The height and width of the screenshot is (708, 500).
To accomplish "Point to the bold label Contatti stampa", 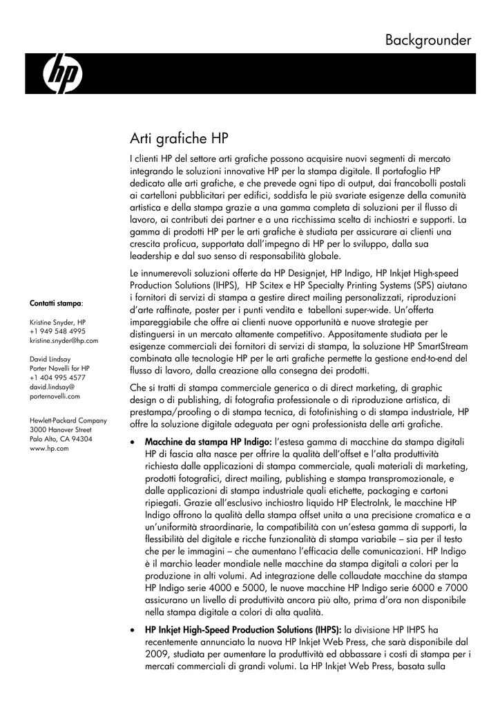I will (x=55, y=304).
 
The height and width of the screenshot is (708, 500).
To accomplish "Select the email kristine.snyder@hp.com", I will (x=64, y=341).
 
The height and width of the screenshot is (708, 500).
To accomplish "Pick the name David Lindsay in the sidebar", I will (x=49, y=360).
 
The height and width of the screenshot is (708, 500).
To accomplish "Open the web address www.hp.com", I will (x=49, y=448).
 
